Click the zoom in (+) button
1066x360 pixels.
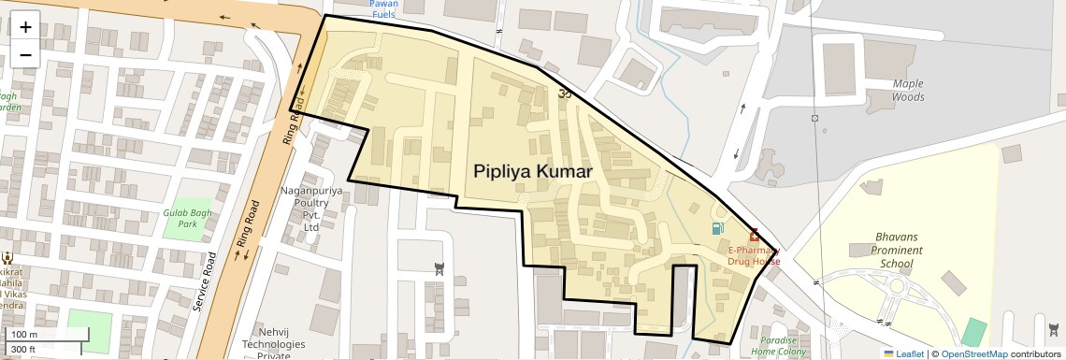pos(25,27)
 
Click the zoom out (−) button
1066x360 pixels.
pos(25,54)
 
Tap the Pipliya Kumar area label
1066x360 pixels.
pos(533,172)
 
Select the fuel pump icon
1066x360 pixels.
pos(717,228)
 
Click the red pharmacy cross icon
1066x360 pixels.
pos(754,236)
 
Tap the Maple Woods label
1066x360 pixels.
pos(907,90)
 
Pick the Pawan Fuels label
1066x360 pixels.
pos(383,9)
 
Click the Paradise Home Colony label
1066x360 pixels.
pos(778,346)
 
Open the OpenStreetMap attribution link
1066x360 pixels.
pos(973,353)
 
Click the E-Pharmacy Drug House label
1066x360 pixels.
pos(754,255)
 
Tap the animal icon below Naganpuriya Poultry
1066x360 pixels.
pos(439,269)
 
